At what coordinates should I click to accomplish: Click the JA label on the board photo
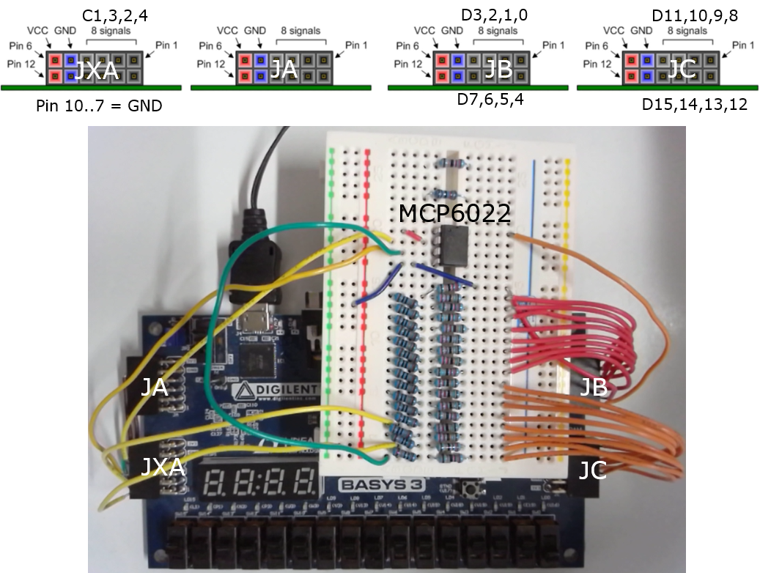pos(155,387)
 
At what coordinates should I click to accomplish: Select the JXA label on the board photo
pos(163,466)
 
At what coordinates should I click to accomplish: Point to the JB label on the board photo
pos(594,387)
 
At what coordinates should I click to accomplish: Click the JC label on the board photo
pos(592,470)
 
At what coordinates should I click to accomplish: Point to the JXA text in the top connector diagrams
pos(97,70)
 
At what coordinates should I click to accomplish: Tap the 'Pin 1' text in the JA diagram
pos(355,45)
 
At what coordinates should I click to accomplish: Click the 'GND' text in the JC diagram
pos(641,31)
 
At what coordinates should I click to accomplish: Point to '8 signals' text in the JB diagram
pos(498,31)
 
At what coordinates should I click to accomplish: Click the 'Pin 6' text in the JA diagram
pos(209,46)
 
